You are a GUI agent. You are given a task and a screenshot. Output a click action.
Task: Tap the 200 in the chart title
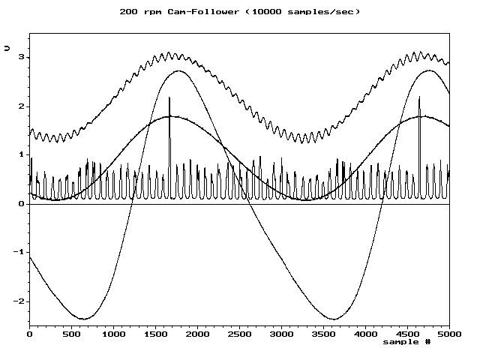(128, 11)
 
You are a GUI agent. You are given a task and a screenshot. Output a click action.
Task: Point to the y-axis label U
(7, 47)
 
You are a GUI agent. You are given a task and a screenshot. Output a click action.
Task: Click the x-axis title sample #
(406, 342)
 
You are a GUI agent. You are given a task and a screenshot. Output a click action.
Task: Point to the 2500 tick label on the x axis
(239, 334)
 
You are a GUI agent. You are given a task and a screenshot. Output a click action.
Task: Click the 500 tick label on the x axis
(71, 334)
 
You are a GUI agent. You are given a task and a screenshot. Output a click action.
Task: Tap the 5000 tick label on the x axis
(449, 334)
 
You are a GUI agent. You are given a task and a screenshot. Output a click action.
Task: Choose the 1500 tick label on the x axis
(155, 334)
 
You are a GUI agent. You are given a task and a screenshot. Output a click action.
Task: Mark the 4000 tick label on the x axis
(365, 334)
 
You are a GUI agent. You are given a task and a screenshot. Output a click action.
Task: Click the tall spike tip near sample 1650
(169, 97)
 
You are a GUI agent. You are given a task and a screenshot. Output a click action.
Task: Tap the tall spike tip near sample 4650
(419, 97)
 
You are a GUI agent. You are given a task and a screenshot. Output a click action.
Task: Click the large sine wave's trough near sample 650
(84, 319)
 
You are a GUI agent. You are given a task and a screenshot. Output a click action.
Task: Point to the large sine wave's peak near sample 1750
(178, 71)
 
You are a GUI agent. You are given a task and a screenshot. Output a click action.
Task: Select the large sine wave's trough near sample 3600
(332, 319)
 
